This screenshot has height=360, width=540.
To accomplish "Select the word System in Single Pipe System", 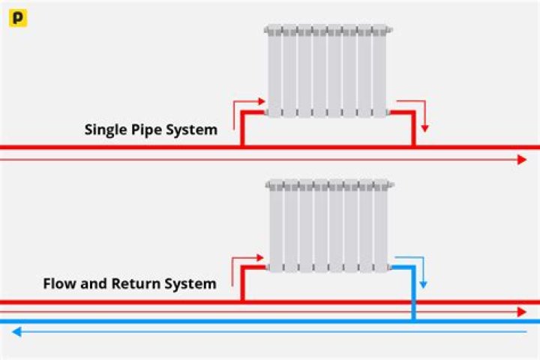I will (x=193, y=130).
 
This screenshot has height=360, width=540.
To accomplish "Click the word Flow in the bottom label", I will (x=59, y=284).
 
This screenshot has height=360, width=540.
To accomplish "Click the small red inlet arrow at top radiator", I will (x=247, y=106).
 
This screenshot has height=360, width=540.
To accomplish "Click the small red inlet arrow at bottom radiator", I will (x=247, y=262).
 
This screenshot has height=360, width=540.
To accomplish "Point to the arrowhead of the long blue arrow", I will (x=16, y=331).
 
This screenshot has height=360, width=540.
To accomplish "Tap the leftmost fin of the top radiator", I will (x=274, y=71).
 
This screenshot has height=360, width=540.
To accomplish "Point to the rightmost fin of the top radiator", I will (x=379, y=71).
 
